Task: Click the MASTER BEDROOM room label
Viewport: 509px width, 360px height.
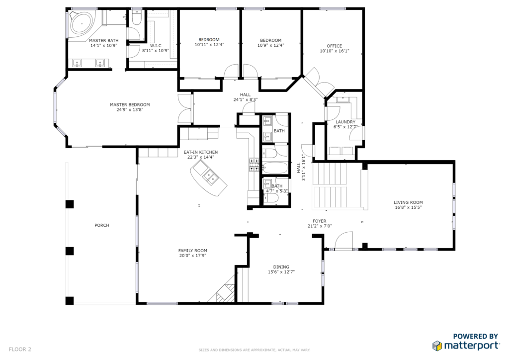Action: pos(130,104)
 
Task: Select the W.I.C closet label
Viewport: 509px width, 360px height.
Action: pos(156,46)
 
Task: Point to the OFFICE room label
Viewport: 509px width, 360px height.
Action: pos(335,46)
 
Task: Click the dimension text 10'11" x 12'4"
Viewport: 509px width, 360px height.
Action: pos(209,45)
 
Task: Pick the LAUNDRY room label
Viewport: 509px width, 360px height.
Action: pos(345,122)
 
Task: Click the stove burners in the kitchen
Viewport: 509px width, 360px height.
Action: pos(254,165)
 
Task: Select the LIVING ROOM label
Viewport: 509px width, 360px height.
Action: pos(408,202)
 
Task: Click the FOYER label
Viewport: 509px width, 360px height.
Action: pos(320,221)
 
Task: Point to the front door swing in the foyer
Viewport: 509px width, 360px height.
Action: pos(344,240)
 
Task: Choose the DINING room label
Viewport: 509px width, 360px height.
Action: pos(281,267)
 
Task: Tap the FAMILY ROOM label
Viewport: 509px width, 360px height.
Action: pos(192,250)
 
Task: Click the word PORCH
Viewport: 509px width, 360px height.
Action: pos(102,225)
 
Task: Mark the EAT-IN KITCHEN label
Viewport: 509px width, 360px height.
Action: pos(201,152)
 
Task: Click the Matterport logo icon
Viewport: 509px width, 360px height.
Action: pos(437,346)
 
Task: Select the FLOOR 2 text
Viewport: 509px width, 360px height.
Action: pos(20,349)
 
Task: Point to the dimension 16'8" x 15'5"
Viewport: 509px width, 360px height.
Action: pos(408,207)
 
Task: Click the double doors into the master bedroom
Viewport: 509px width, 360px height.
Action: pos(185,108)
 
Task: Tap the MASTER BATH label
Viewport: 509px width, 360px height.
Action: pos(104,40)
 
